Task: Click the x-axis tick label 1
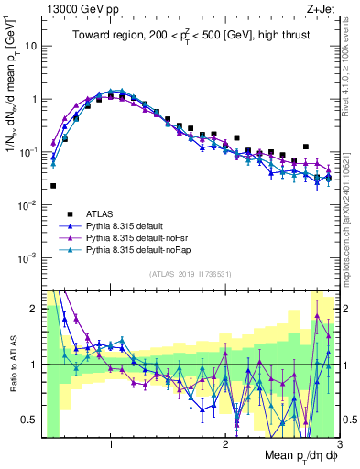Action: click(x=111, y=444)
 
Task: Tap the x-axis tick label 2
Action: click(x=225, y=444)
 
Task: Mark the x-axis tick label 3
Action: click(x=339, y=444)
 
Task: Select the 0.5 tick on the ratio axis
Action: click(x=28, y=420)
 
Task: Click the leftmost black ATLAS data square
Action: click(x=53, y=186)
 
